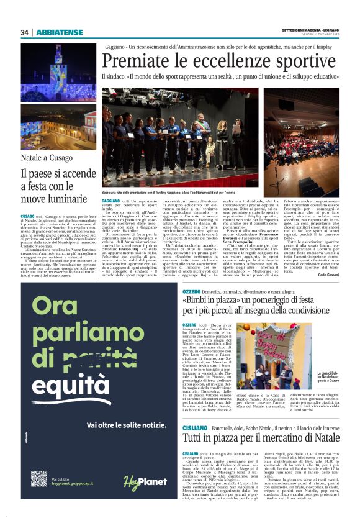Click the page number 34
25,32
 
